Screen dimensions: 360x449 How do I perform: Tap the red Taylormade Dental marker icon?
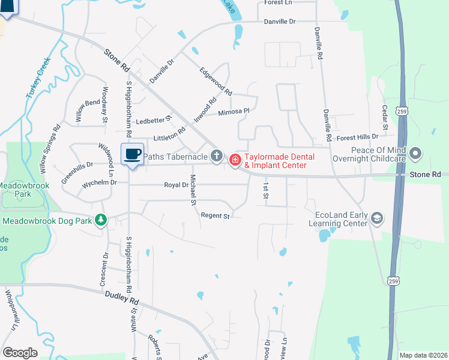(235, 160)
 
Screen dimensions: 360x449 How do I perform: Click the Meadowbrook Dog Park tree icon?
(102, 221)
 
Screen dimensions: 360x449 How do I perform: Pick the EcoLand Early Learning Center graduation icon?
(376, 217)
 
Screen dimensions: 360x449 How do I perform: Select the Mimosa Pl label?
(234, 112)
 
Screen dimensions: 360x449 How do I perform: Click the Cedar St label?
(385, 118)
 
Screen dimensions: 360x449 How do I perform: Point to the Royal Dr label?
(176, 185)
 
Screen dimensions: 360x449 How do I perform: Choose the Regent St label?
(215, 215)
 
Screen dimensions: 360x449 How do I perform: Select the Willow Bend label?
(87, 112)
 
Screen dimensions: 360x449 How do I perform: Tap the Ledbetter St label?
(154, 119)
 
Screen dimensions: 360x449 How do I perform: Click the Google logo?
(19, 353)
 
